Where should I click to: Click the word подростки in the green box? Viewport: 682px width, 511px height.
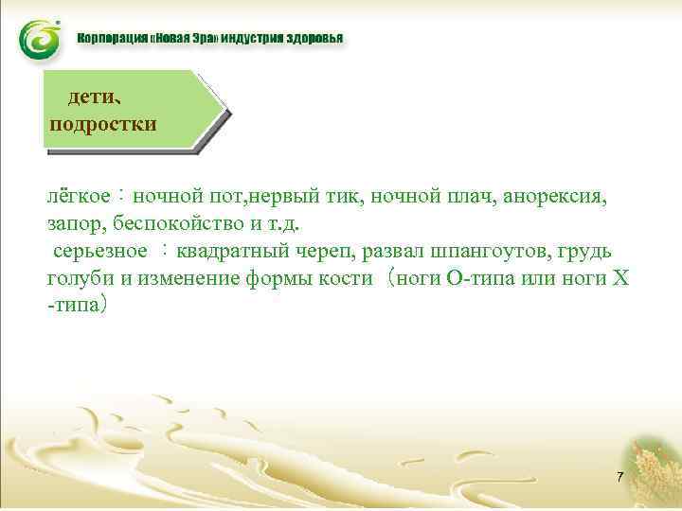(102, 124)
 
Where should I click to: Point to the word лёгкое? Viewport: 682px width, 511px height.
(81, 198)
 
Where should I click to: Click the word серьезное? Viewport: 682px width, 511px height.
(99, 252)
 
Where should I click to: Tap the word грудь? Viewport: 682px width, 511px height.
(585, 252)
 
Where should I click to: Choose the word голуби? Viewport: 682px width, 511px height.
(80, 279)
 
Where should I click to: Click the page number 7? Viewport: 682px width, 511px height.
(619, 477)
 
